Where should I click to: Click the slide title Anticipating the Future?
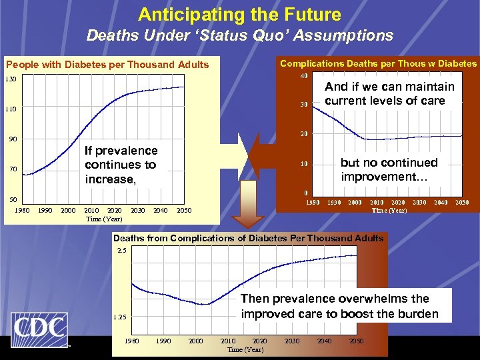pos(239,15)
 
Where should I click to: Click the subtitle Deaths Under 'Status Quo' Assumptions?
pos(239,35)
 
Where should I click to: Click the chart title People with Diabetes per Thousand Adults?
pos(107,65)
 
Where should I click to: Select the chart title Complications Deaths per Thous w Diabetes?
pos(378,63)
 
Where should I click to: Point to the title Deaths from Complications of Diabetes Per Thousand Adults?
pos(249,238)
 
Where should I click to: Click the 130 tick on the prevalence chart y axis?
pos(11,79)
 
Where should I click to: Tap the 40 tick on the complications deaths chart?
pos(303,75)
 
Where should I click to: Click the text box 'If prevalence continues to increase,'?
pos(121,165)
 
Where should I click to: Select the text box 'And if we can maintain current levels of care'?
pos(389,93)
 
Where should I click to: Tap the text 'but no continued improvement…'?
pos(389,169)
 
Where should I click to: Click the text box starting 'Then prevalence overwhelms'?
pos(339,306)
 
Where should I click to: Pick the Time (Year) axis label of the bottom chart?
pos(245,349)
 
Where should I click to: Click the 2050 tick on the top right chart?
pos(461,202)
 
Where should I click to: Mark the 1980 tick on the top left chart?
pos(22,211)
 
